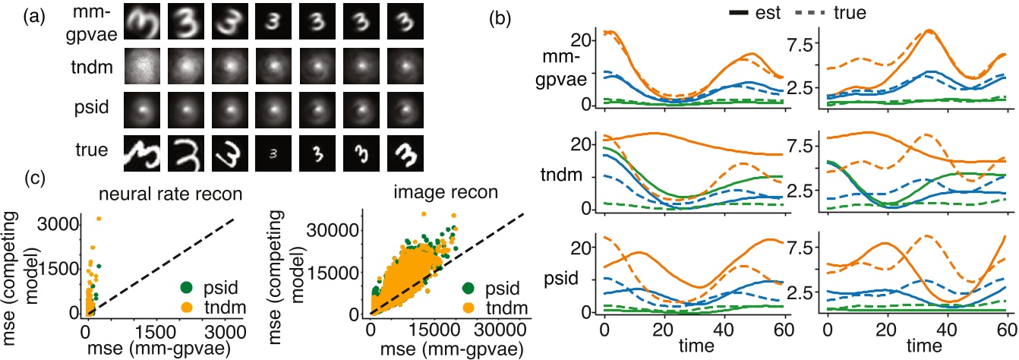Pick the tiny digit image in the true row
coord(276,148)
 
